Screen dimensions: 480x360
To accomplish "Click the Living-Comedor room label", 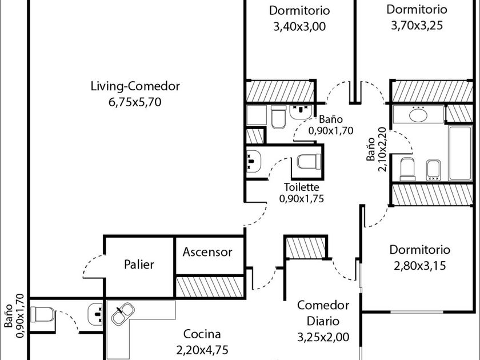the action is pos(135,86).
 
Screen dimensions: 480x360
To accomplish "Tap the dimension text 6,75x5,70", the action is pos(135,102).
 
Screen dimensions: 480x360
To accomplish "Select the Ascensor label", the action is pos(207,252).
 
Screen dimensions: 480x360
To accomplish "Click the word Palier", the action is pos(139,264).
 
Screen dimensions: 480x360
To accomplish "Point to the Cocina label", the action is pos(202,334).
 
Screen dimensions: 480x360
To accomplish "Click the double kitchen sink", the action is pos(122,314).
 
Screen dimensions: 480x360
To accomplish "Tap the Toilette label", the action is pos(302,187).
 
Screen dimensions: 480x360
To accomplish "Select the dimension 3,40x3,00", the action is pos(299,27).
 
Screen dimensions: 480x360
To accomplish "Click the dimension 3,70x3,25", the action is pos(417,25).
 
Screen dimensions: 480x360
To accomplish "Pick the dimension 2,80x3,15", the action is pos(419,266).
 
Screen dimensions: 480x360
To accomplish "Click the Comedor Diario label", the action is pos(323,313).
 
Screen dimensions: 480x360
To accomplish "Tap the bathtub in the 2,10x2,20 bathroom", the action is pos(460,153).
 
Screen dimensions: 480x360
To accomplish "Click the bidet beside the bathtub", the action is pos(434,170).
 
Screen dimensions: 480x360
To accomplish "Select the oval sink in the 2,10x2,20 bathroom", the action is pos(418,115).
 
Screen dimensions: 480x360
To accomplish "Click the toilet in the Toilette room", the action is pos(309,162).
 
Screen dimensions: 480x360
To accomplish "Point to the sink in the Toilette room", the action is pos(254,161).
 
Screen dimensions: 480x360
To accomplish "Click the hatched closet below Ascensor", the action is pos(210,287).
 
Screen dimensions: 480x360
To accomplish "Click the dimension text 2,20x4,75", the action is pos(202,350).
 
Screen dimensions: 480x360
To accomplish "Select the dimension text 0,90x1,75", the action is pos(302,199).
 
